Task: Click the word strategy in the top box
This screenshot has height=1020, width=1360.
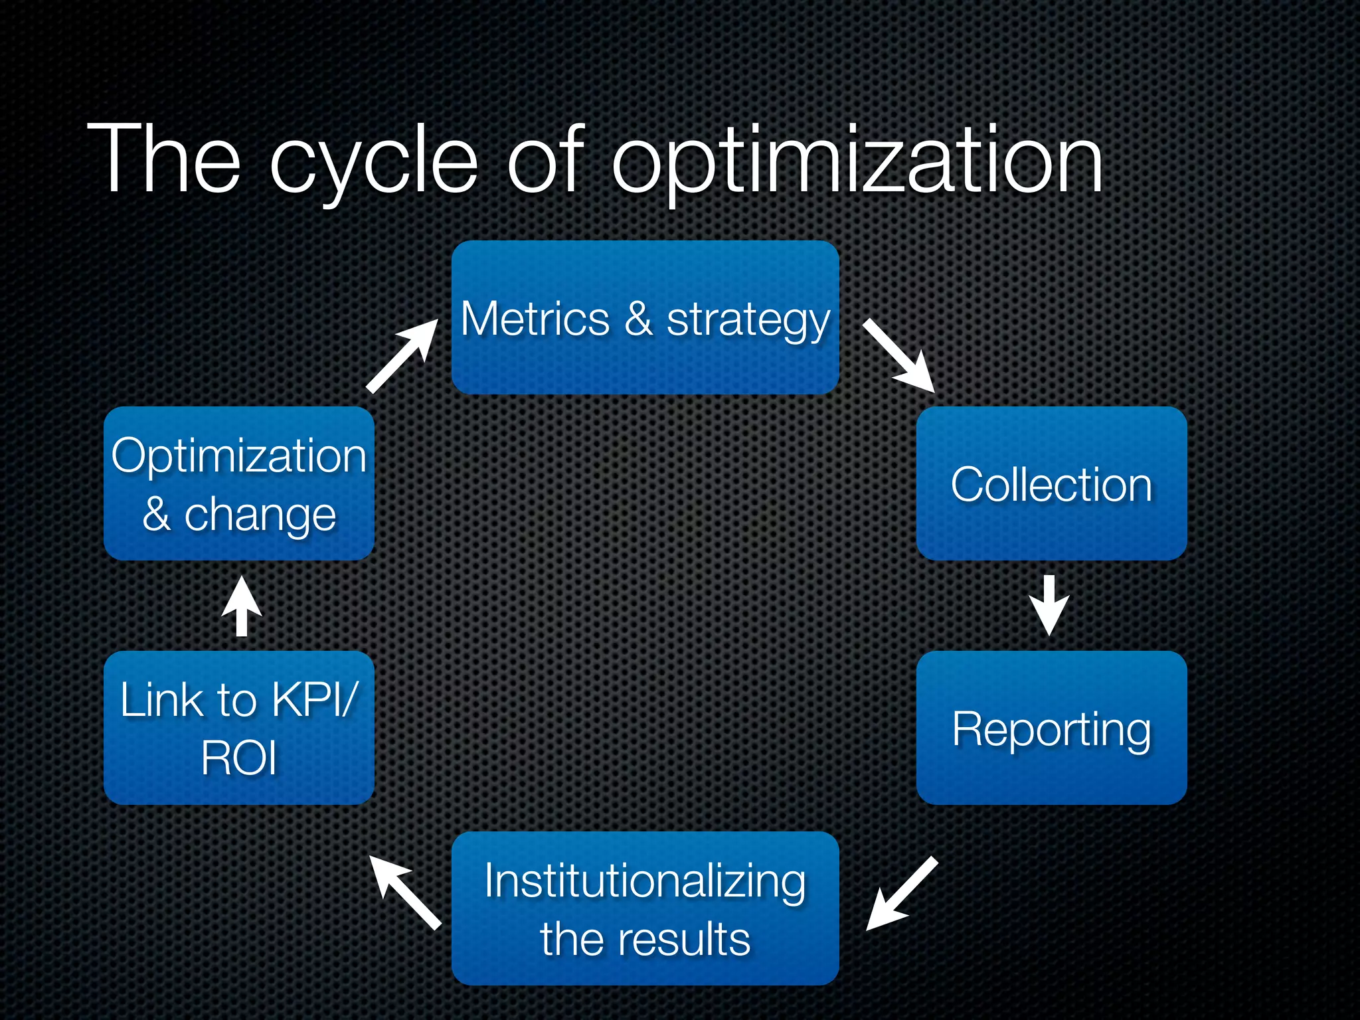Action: [748, 321]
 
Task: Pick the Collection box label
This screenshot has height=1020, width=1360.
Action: [1051, 484]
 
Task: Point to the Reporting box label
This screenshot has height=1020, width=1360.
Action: [1051, 729]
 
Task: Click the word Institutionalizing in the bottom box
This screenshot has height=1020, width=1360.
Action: [645, 881]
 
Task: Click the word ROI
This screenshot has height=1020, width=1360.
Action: [238, 758]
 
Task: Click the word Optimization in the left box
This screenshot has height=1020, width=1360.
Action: [238, 456]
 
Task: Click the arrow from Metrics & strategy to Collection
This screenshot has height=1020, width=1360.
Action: [900, 357]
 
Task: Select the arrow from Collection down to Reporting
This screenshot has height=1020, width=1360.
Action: [1049, 605]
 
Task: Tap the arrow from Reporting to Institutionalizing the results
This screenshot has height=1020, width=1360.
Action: [901, 894]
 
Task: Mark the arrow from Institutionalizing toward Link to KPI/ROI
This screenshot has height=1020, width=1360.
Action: [405, 891]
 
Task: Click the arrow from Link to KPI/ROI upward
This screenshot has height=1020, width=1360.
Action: [242, 606]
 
